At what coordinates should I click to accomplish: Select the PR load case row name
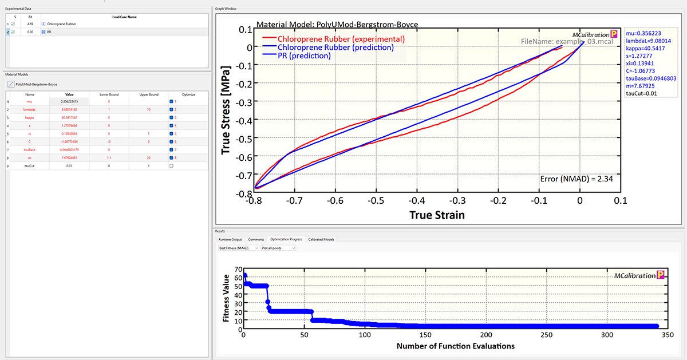(49, 33)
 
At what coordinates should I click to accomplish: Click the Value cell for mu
(69, 101)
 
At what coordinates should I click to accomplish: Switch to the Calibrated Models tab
(321, 239)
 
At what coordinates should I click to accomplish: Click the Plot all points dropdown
(278, 248)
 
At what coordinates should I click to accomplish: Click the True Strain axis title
(437, 215)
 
